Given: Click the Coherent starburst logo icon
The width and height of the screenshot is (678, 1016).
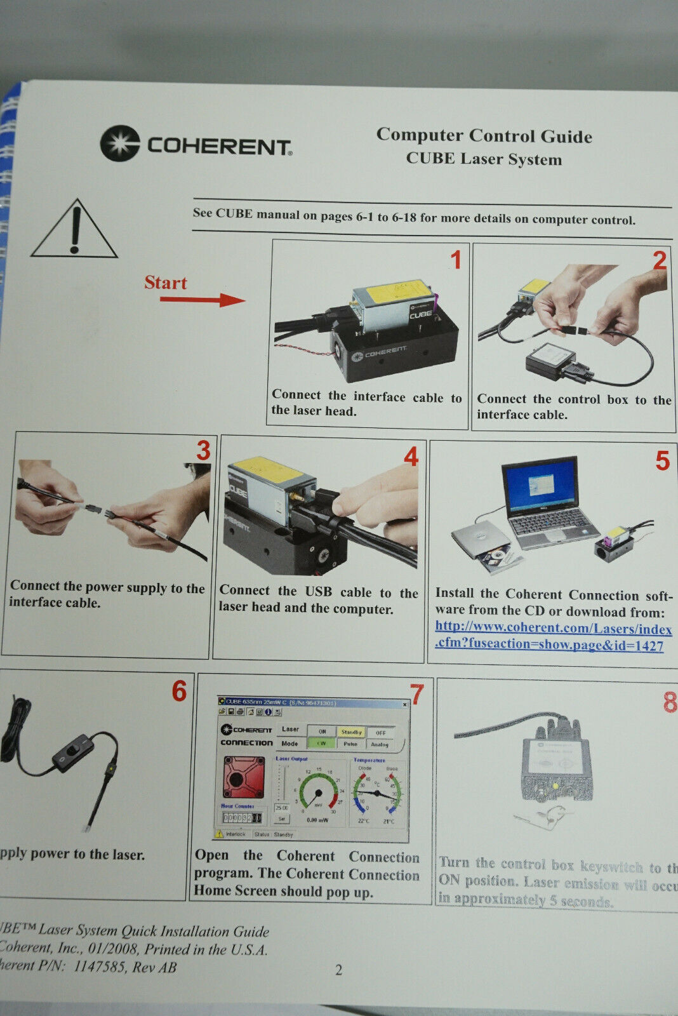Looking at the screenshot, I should [x=119, y=143].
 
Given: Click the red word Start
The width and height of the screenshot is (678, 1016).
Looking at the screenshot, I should [x=165, y=283].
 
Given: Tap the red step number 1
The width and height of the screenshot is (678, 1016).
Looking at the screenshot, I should [x=455, y=260].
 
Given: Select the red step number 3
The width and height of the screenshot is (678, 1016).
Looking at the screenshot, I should [x=203, y=451].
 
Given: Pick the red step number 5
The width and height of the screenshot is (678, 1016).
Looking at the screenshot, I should [x=661, y=461].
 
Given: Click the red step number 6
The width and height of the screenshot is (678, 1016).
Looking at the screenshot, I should [x=179, y=691].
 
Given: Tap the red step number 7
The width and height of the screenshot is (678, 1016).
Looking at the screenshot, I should [x=416, y=694].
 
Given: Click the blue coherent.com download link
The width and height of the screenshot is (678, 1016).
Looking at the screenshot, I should [x=552, y=636].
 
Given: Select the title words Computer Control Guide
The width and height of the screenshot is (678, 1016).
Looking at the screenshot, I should [x=484, y=135].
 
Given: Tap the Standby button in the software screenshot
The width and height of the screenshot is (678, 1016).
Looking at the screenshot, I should [x=350, y=732].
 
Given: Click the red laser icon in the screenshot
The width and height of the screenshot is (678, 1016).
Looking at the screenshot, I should [x=243, y=777].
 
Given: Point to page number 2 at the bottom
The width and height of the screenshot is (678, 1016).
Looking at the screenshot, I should [x=338, y=970].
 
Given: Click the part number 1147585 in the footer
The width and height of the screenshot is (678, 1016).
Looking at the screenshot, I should [x=103, y=966].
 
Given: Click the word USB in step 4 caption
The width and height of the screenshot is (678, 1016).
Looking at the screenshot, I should [x=318, y=591].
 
